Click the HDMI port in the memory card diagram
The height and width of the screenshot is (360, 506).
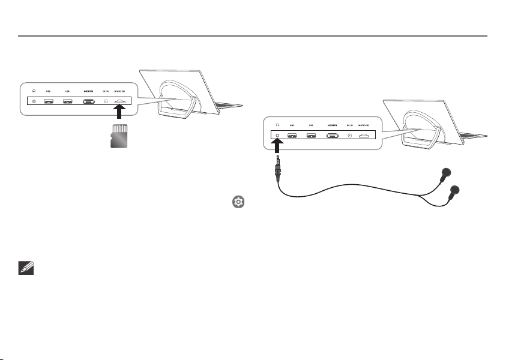click(x=89, y=101)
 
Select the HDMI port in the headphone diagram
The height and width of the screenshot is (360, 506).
click(x=332, y=135)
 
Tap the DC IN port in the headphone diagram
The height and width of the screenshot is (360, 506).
click(x=349, y=135)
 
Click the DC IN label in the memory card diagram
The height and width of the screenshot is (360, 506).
click(x=106, y=91)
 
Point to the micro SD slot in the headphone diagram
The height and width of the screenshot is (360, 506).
click(x=364, y=135)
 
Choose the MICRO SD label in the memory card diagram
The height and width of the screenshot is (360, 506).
click(x=119, y=91)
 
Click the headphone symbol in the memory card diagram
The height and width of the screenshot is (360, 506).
click(x=34, y=91)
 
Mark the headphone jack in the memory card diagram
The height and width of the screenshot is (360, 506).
click(x=34, y=101)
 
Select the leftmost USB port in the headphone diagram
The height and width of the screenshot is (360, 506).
click(x=292, y=135)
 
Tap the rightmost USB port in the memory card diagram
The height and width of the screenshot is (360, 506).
click(x=68, y=101)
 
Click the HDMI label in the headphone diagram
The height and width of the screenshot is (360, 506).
click(x=332, y=125)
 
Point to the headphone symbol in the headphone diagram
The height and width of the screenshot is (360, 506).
click(x=277, y=125)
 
